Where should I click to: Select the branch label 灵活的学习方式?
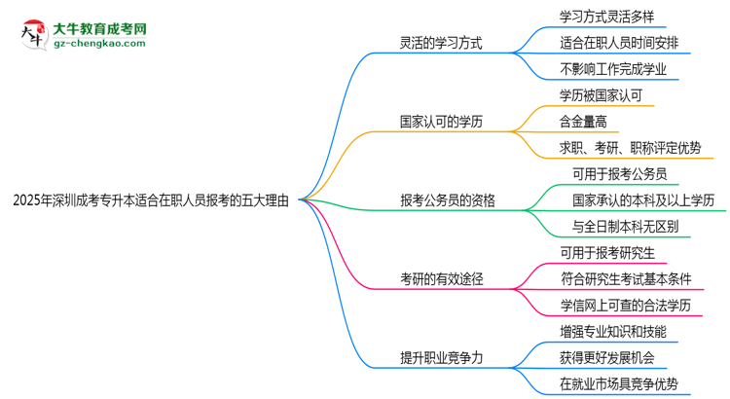pyautogui.click(x=441, y=43)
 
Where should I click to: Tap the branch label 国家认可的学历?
pyautogui.click(x=441, y=122)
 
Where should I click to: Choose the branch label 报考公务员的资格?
pyautogui.click(x=448, y=200)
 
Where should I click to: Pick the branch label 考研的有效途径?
pyautogui.click(x=441, y=279)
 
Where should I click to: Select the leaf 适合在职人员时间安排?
pyautogui.click(x=622, y=43)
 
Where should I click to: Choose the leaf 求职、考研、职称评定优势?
pyautogui.click(x=630, y=148)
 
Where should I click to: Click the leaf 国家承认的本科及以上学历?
pyautogui.click(x=643, y=200)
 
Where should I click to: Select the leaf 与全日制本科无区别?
pyautogui.click(x=627, y=227)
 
